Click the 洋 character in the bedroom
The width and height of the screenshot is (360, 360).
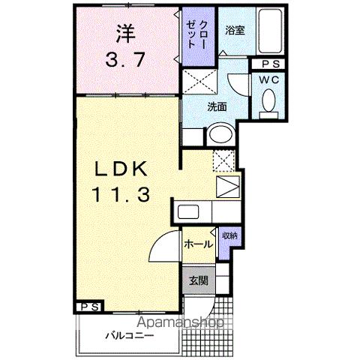point(126,33)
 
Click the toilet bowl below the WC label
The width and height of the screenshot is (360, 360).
point(269,101)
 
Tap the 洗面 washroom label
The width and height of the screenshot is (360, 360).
point(218,106)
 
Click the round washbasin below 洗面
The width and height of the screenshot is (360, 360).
point(220,136)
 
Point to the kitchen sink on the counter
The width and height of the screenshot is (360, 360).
point(187,211)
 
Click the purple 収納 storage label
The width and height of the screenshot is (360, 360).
point(229,236)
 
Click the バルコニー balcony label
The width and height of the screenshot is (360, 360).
point(129,334)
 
